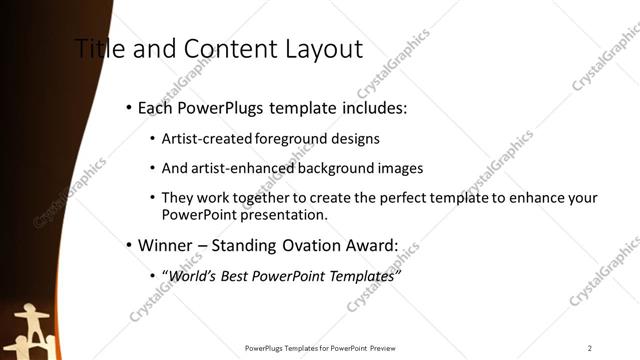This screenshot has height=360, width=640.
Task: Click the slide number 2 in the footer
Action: pos(590,348)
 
